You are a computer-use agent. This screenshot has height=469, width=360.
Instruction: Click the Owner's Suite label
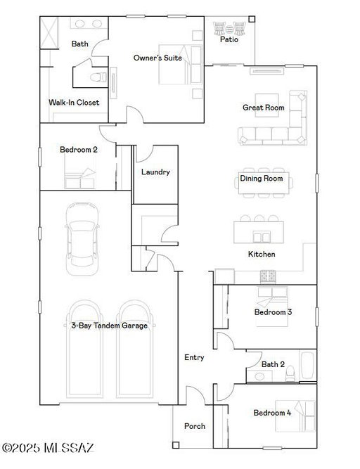157,58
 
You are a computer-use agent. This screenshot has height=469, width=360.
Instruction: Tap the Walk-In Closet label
74,103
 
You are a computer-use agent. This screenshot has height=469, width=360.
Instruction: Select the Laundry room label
155,172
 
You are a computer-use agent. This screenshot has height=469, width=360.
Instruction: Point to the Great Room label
264,108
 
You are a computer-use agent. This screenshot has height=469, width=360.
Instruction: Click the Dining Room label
262,179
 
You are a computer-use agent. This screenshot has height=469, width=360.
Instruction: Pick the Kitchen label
262,254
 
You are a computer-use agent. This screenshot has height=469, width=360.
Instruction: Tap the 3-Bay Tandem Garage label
110,326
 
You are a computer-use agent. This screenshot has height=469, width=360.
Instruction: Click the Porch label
195,426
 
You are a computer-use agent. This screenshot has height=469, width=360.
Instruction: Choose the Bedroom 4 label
272,413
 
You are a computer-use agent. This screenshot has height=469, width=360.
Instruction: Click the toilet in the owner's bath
98,77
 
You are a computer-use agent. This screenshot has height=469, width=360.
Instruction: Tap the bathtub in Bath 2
308,366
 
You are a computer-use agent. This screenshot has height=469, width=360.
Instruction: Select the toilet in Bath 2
290,374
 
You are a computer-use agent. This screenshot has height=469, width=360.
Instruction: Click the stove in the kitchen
268,276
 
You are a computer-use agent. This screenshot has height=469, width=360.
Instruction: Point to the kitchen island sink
262,236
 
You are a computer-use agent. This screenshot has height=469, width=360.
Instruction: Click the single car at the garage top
82,238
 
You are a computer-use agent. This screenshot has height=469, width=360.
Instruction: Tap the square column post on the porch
176,445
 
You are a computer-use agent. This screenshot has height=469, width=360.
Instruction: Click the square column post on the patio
252,19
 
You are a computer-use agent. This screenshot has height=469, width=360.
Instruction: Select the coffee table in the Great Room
266,105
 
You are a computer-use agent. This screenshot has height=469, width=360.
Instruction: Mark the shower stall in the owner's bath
49,32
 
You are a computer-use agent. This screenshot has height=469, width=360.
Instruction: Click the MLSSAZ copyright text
48,448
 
